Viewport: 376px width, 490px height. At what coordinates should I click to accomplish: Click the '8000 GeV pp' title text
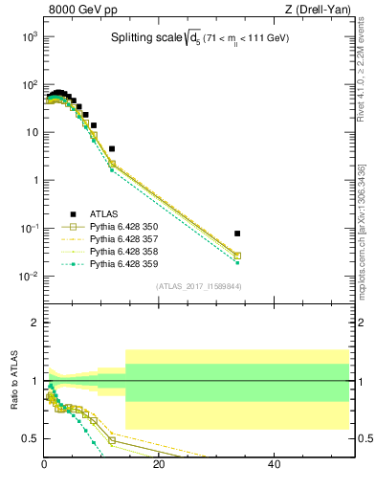click(x=79, y=11)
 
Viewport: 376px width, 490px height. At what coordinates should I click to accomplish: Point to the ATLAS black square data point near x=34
click(x=236, y=234)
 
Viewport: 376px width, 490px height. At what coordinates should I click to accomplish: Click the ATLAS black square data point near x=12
click(x=112, y=148)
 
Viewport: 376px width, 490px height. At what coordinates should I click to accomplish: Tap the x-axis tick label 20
click(x=159, y=466)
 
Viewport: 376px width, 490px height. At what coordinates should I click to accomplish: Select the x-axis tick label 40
click(x=274, y=466)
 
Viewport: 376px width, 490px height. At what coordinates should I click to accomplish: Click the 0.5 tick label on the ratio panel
click(x=30, y=438)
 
